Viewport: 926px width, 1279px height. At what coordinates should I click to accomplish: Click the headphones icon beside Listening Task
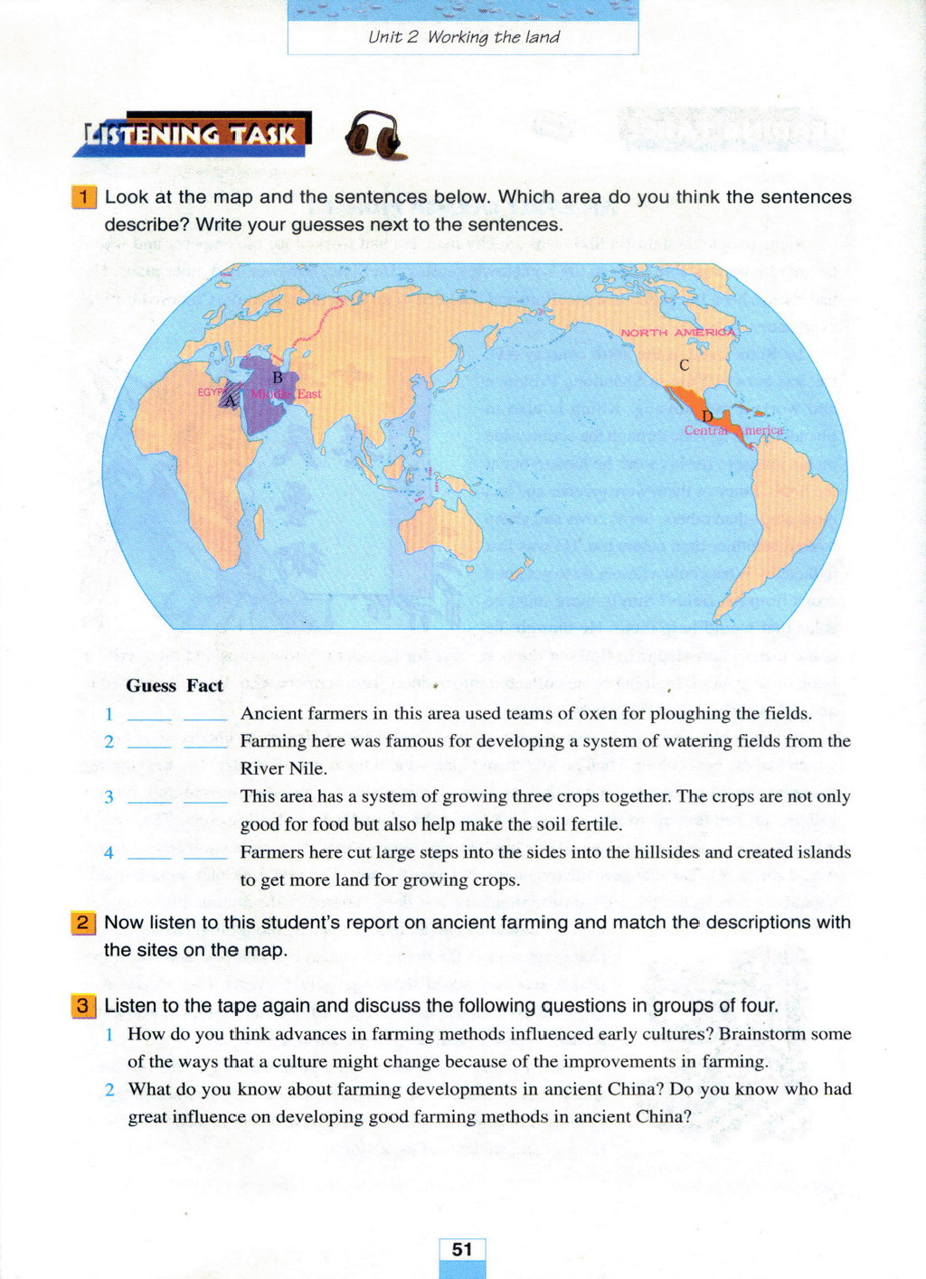(x=373, y=136)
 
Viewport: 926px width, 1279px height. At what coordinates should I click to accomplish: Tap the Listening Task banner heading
(x=192, y=135)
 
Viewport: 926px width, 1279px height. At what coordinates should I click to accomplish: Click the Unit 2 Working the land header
(x=463, y=37)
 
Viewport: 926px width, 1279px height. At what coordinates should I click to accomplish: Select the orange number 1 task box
(x=83, y=197)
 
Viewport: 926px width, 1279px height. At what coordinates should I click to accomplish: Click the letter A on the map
(x=231, y=400)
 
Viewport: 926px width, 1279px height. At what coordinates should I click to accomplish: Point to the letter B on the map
(x=278, y=377)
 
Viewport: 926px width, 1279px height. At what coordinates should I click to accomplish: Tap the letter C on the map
(x=685, y=365)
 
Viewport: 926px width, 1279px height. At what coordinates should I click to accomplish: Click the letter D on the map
(x=707, y=416)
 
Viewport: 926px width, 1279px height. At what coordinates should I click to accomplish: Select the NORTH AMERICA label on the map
(x=678, y=333)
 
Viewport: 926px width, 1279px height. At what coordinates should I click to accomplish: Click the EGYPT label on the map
(x=211, y=392)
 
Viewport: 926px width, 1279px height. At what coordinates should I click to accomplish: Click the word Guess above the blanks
(x=151, y=686)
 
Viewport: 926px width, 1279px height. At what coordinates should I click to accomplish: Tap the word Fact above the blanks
(x=205, y=686)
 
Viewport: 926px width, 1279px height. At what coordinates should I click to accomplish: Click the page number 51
(x=462, y=1249)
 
